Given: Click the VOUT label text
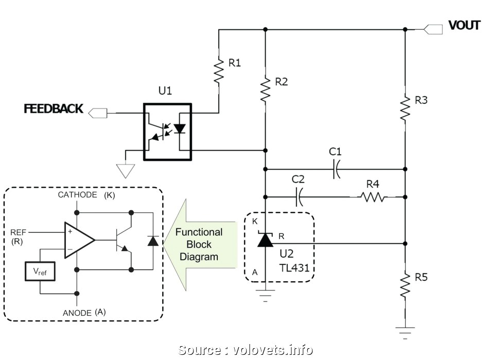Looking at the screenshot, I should point(464,25).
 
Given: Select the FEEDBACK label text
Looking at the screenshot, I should point(54,109).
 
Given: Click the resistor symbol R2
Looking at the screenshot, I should point(265,89).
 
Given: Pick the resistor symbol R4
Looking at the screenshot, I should point(372,196).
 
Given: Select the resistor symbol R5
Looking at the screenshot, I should point(405,285).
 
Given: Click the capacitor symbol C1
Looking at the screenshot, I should point(336,169).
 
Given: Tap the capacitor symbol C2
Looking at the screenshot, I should point(299,196).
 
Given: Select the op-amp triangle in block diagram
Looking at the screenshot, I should point(79,240).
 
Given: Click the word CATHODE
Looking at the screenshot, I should point(77,195).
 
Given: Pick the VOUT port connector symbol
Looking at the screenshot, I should point(433,29).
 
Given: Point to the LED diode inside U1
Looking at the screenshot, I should point(179,128).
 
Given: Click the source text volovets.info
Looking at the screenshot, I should point(246,350).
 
